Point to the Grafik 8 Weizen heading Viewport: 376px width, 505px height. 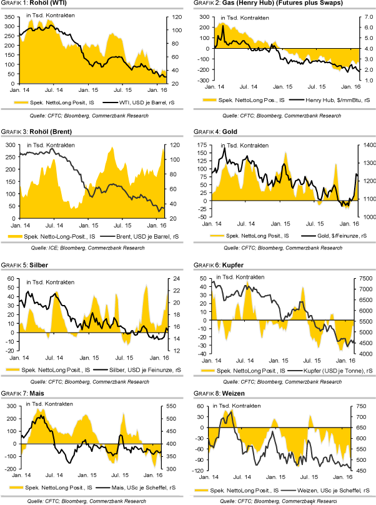[225, 394]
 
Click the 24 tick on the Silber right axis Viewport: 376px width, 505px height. [174, 279]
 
